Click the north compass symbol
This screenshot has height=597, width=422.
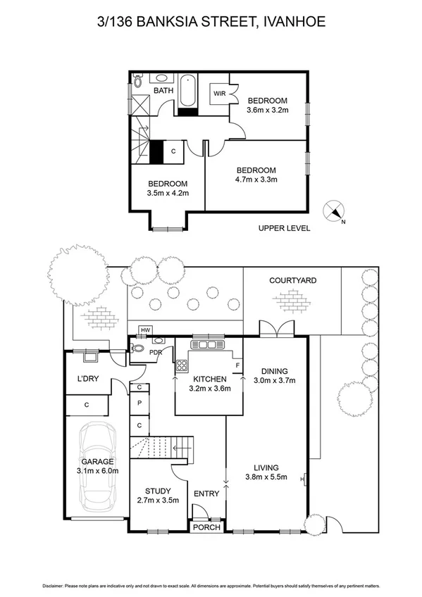pyautogui.click(x=334, y=210)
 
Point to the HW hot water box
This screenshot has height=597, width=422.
pyautogui.click(x=146, y=330)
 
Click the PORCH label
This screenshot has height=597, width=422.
pyautogui.click(x=206, y=527)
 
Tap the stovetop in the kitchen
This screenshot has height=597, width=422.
pyautogui.click(x=181, y=365)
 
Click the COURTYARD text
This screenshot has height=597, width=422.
pyautogui.click(x=292, y=280)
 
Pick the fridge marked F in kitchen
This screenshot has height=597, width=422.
pyautogui.click(x=237, y=365)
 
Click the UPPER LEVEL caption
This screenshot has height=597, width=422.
pyautogui.click(x=284, y=227)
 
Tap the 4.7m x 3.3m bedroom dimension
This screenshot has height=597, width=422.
pyautogui.click(x=256, y=180)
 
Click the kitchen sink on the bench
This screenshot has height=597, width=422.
pyautogui.click(x=208, y=345)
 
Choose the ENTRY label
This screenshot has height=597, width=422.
pyautogui.click(x=206, y=494)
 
